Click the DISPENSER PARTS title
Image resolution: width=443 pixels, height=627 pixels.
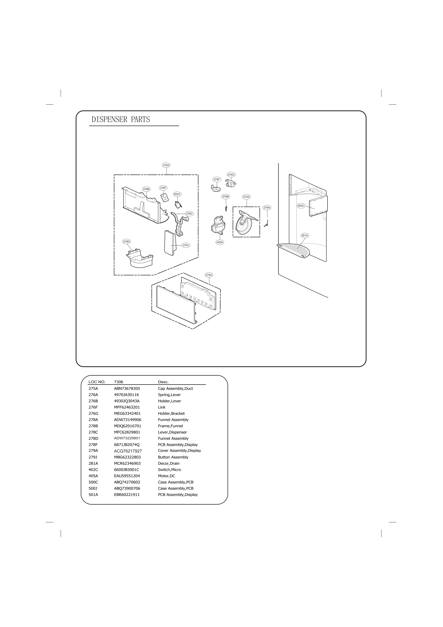[121, 119]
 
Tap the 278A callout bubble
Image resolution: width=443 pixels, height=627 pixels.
[166, 165]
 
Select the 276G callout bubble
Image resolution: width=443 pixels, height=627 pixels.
[231, 175]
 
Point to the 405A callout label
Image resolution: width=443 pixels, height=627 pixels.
[219, 242]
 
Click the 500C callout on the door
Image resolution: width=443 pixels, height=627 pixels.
[301, 206]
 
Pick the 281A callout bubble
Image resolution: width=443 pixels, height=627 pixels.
[305, 235]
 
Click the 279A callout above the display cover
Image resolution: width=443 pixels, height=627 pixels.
[209, 275]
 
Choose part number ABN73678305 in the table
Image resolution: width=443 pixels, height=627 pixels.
[127, 388]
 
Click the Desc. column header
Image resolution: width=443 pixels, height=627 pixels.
[163, 382]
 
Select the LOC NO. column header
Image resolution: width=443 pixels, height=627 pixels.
[97, 382]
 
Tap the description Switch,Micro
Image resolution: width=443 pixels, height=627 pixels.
[169, 470]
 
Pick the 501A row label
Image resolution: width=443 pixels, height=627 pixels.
[93, 495]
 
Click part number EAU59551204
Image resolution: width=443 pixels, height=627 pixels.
[127, 476]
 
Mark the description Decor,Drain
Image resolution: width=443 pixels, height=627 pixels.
[169, 464]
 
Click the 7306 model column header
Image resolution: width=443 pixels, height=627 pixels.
[118, 382]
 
